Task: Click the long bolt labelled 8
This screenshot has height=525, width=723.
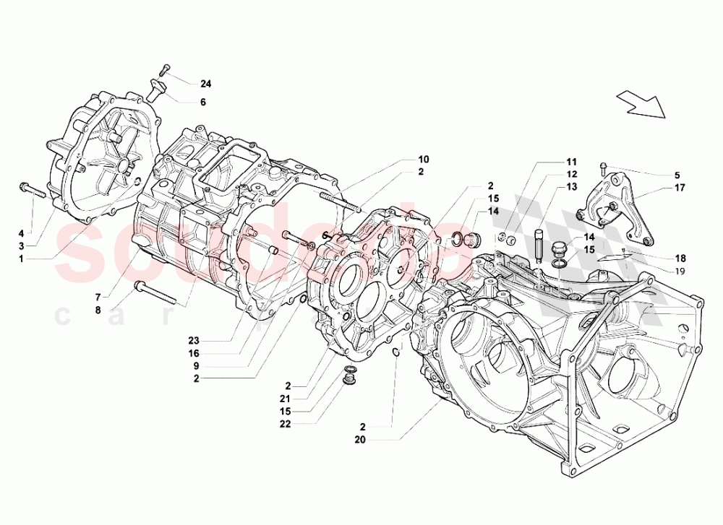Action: [x=158, y=293]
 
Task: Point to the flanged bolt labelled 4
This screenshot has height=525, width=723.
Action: [x=33, y=191]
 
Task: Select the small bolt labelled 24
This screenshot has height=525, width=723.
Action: [x=165, y=70]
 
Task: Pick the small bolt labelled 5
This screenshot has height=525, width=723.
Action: [x=604, y=170]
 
